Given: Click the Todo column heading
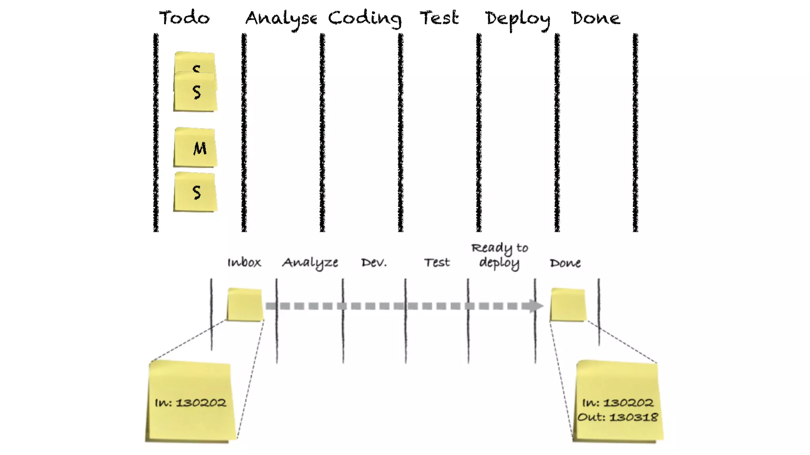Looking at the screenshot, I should click(x=184, y=18).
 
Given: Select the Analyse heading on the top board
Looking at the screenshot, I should click(x=281, y=19).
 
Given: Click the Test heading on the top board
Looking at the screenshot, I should click(x=439, y=18).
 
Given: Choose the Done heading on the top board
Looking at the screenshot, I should click(x=596, y=18).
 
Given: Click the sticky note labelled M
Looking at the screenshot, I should click(x=195, y=147).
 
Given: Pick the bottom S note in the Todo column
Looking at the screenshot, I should click(x=195, y=192).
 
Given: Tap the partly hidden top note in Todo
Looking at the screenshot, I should click(x=195, y=61).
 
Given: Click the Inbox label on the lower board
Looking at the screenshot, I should click(x=244, y=262).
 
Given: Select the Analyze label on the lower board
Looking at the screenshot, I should click(x=310, y=263).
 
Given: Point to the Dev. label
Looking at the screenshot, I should click(x=374, y=263).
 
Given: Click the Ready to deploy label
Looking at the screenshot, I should click(x=500, y=256).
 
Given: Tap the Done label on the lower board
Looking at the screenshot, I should click(x=565, y=263).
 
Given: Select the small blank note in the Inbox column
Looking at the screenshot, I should click(x=245, y=305).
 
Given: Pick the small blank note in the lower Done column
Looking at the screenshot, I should click(x=568, y=305).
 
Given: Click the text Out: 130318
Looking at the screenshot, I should click(x=618, y=417).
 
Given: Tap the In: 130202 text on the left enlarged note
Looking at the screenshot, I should click(x=190, y=403).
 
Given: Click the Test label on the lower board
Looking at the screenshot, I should click(x=437, y=263).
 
